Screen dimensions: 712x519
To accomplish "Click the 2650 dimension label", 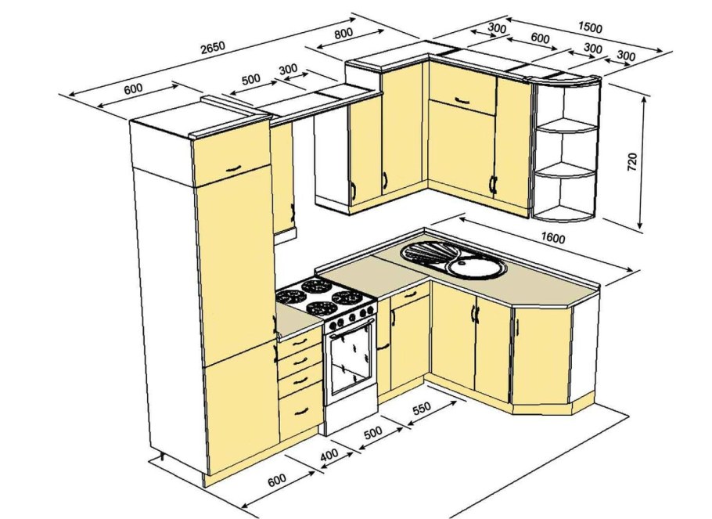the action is pos(213,47).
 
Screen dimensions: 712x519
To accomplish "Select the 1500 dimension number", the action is pos(590,27).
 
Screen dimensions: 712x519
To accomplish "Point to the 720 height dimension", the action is pos(631,162).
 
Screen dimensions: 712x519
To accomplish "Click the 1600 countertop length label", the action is pos(552,238).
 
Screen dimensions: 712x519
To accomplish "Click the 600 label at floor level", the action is pos(276,480).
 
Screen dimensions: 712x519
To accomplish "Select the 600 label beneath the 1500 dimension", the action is pos(540,38).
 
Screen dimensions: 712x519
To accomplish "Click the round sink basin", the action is pos(476,267).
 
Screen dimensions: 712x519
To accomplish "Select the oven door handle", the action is pos(352,327).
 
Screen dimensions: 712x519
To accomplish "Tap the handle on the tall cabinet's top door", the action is pos(233,168).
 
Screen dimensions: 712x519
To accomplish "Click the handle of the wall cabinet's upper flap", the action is pos(462,100).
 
